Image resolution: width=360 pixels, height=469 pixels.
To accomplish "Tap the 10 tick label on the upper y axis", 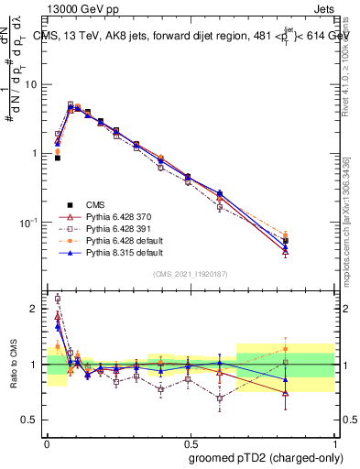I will [31, 84].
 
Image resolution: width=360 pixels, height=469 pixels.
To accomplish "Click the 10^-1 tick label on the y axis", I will [29, 222].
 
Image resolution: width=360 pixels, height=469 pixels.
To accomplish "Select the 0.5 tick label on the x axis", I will [190, 442].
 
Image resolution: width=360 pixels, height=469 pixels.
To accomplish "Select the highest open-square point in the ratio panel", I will [57, 299].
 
